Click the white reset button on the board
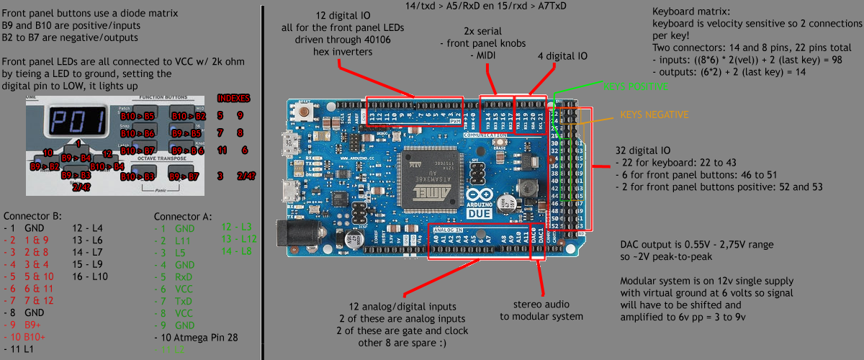coord(312,112)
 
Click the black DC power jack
coord(294,234)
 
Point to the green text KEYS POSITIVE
coord(636,87)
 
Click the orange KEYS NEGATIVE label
coord(654,114)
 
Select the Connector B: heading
coord(32,215)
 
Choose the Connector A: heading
coord(183,215)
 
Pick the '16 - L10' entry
coord(90,276)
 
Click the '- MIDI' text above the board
coord(485,55)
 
